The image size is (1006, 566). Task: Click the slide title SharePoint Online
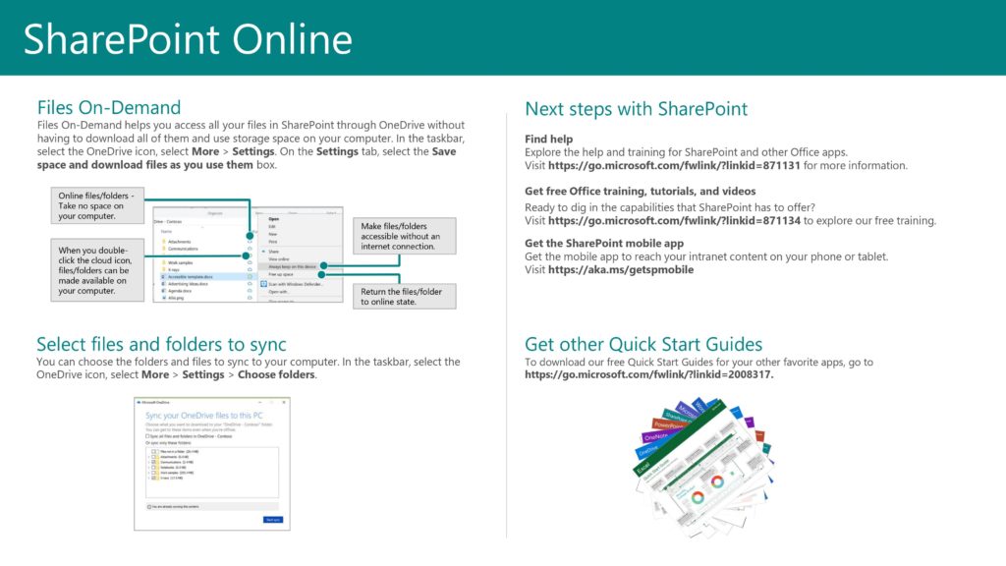coord(188,39)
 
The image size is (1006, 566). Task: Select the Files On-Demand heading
coord(109,108)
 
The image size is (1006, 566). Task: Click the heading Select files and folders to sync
coord(161,344)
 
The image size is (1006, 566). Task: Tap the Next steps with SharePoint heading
coord(636,109)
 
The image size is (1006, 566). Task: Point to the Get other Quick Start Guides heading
coord(643,344)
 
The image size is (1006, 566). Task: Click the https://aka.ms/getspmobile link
coord(621,269)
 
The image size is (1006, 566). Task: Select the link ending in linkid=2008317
coord(649,374)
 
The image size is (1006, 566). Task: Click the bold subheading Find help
coord(548,140)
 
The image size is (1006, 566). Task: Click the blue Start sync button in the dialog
coord(272,520)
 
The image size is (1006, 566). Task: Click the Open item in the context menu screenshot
coord(274,219)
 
